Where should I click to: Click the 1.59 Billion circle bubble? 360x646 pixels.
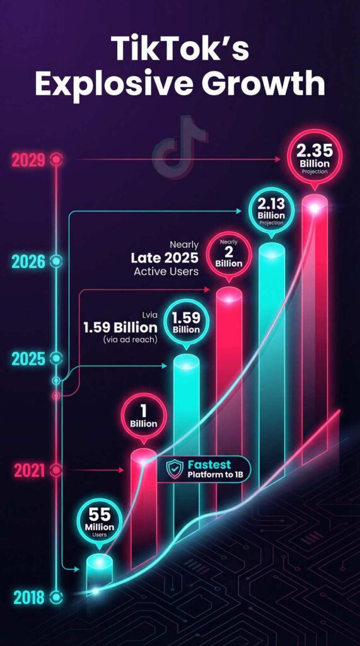[x=186, y=324]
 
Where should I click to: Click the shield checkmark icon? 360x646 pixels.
[x=174, y=469]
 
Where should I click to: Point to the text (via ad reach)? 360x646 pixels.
[x=131, y=341]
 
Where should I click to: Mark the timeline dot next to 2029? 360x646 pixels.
[x=57, y=160]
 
